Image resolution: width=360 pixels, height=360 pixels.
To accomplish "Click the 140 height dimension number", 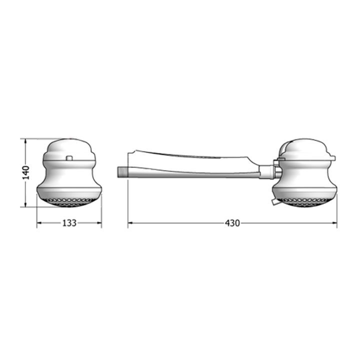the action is point(26,172).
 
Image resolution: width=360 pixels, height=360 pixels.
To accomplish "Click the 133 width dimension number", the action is point(69,222).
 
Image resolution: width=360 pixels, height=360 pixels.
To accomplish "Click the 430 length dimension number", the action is point(232,223).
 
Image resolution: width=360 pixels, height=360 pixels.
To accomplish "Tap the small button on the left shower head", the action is point(69,157).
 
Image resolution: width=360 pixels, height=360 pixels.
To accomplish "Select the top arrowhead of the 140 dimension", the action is point(25,141).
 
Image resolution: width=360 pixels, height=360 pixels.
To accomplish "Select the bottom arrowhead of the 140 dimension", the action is point(25,204).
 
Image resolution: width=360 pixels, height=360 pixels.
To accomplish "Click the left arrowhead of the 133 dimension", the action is point(39,222).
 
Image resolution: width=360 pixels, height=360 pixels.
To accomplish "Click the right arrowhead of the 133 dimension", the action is point(99,222).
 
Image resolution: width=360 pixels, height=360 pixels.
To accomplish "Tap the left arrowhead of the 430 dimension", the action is point(130,222).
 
